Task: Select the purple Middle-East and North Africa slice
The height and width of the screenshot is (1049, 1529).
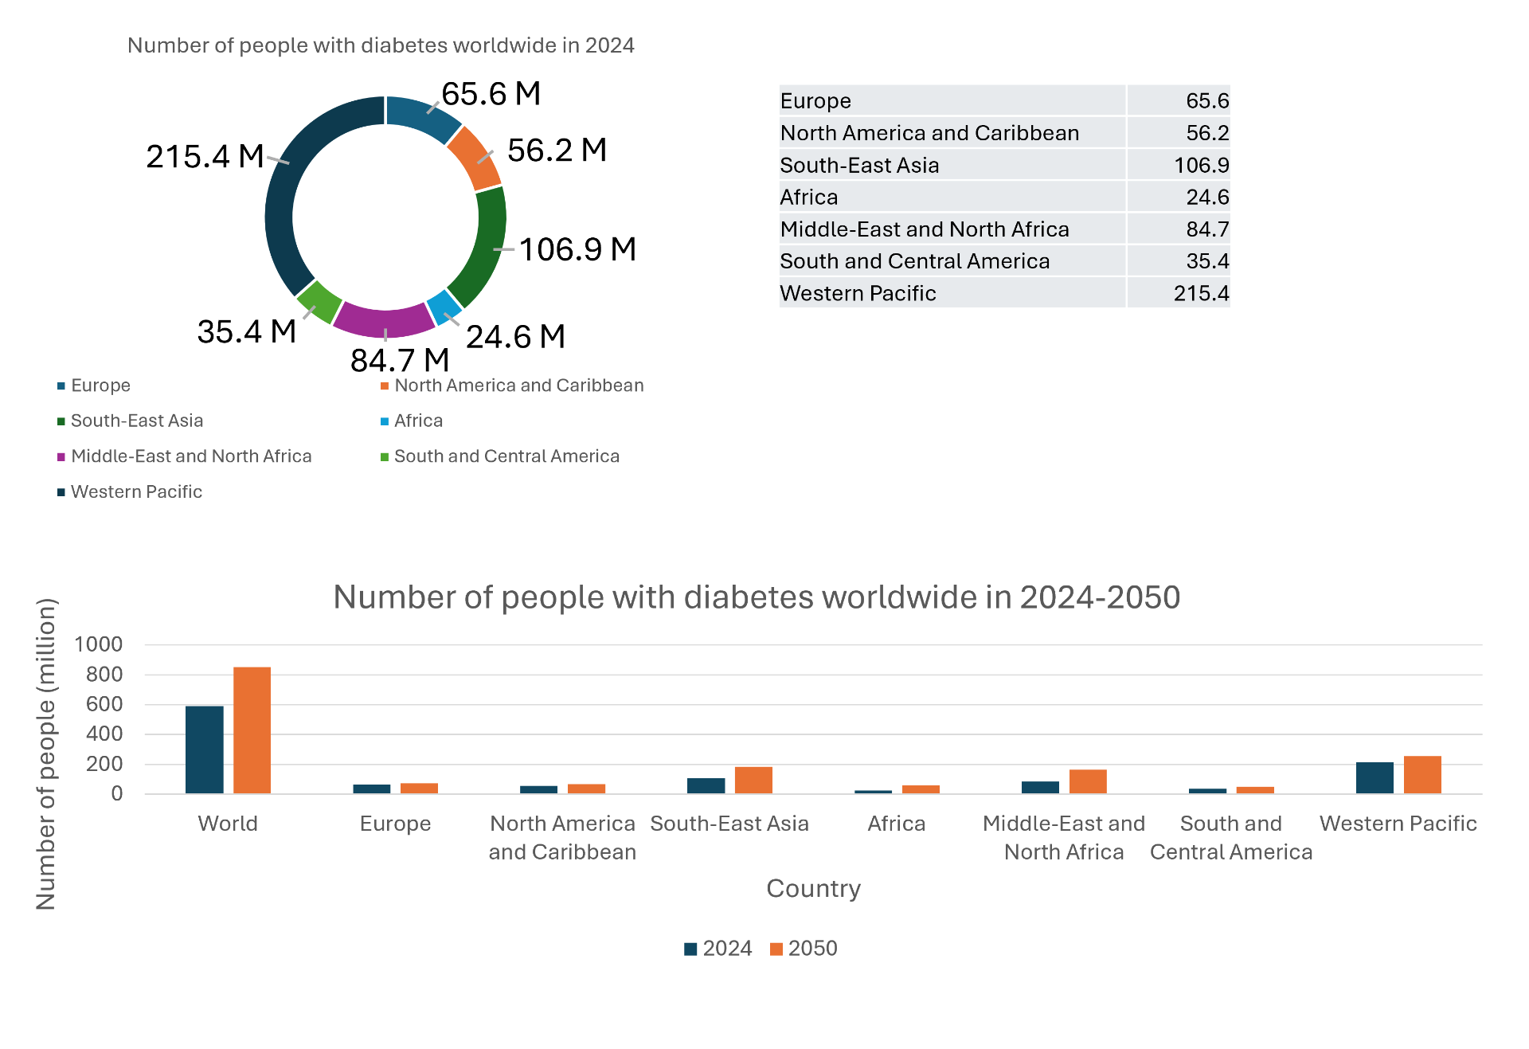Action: pos(384,320)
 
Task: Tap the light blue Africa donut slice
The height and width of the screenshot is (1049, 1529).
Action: pos(444,307)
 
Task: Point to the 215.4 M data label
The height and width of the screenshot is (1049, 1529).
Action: pos(205,156)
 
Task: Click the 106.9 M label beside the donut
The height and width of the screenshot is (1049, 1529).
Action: pos(577,249)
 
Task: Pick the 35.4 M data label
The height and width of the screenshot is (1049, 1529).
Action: pos(246,331)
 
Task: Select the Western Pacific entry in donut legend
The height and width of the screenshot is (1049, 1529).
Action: pos(136,492)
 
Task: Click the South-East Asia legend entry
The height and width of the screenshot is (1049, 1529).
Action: pos(136,421)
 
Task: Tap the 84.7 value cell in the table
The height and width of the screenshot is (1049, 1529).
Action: pos(1206,229)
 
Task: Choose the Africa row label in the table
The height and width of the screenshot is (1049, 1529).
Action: pos(809,198)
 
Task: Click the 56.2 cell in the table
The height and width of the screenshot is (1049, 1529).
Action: pos(1206,133)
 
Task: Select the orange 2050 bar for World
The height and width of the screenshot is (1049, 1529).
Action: pos(252,730)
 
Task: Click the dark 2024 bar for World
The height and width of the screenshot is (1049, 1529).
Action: pos(205,750)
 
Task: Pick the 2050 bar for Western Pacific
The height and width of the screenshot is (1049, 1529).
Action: pos(1422,774)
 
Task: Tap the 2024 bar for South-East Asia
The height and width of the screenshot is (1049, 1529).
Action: pos(706,785)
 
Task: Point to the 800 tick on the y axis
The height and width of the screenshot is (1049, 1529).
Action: pos(104,675)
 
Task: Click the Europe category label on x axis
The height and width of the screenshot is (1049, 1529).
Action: pos(395,824)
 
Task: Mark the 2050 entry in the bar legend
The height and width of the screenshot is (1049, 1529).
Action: pos(804,948)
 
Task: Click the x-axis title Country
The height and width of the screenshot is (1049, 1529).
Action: pos(813,889)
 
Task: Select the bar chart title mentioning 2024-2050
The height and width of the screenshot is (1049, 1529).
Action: pos(757,597)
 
